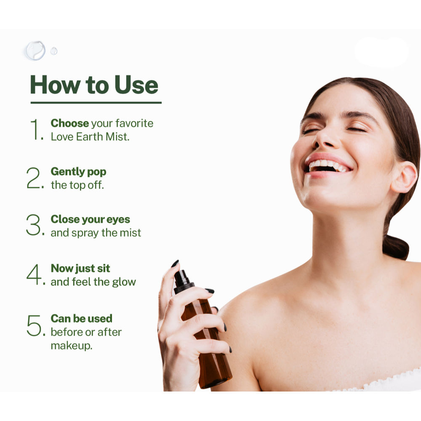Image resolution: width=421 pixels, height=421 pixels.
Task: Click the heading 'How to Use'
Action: (x=94, y=85)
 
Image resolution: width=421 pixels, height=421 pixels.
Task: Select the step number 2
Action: (x=35, y=178)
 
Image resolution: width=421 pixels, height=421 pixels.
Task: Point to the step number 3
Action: (x=35, y=225)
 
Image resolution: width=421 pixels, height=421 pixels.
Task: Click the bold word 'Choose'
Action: (x=70, y=123)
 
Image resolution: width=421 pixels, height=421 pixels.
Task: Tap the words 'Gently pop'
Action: (x=78, y=172)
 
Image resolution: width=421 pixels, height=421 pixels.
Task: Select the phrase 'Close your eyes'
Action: (x=90, y=219)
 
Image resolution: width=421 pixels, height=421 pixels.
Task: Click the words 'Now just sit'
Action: (x=80, y=269)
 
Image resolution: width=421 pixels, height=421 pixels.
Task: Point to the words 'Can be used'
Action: (x=81, y=318)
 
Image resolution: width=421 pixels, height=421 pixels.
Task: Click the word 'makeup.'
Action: (x=72, y=346)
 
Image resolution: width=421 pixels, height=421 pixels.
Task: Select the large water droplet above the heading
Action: (x=35, y=51)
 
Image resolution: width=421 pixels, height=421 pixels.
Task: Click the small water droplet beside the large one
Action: (x=54, y=51)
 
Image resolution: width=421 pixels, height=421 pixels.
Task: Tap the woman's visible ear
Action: (x=404, y=177)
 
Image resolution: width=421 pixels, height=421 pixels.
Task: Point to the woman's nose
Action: (x=325, y=138)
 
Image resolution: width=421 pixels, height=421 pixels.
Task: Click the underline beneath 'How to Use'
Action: (x=96, y=103)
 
